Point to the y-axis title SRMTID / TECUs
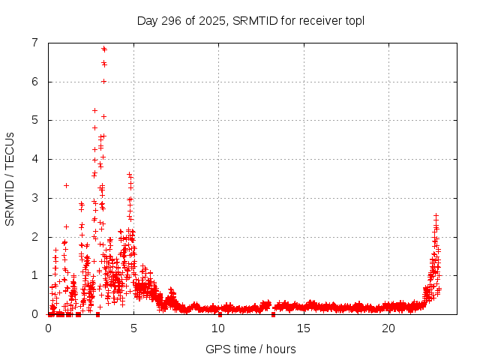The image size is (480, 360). tap(10, 178)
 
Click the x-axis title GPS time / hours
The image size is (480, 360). tap(250, 349)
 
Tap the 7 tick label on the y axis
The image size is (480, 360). tap(34, 43)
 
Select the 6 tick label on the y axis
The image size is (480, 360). tap(34, 82)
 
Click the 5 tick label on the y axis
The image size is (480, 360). tap(34, 120)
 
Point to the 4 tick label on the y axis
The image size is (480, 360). tap(34, 159)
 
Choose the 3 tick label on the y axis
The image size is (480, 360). tap(34, 198)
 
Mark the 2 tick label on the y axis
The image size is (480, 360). tap(34, 237)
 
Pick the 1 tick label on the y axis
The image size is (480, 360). tap(34, 275)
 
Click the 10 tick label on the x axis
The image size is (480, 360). tap(218, 328)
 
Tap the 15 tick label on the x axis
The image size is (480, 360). tap(303, 328)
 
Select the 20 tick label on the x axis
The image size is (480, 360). tap(388, 328)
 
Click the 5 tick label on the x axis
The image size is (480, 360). tap(133, 328)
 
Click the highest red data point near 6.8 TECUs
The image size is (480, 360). tap(103, 49)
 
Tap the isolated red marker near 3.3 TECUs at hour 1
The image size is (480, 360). tap(66, 185)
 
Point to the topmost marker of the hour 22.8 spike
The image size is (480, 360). tap(436, 215)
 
